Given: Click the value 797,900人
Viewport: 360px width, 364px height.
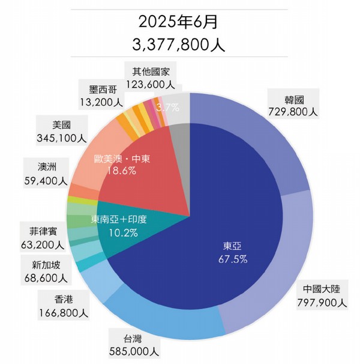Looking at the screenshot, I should click(x=321, y=302).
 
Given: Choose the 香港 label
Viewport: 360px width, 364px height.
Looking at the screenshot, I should click(x=63, y=299).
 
